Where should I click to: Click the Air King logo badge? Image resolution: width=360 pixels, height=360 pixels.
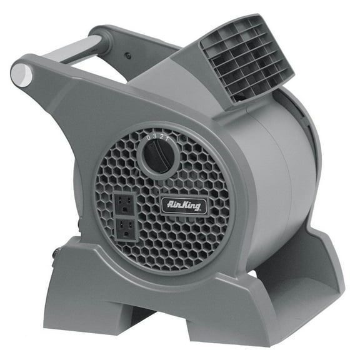pos(184,204)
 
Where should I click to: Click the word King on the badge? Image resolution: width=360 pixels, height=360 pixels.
pos(189,204)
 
